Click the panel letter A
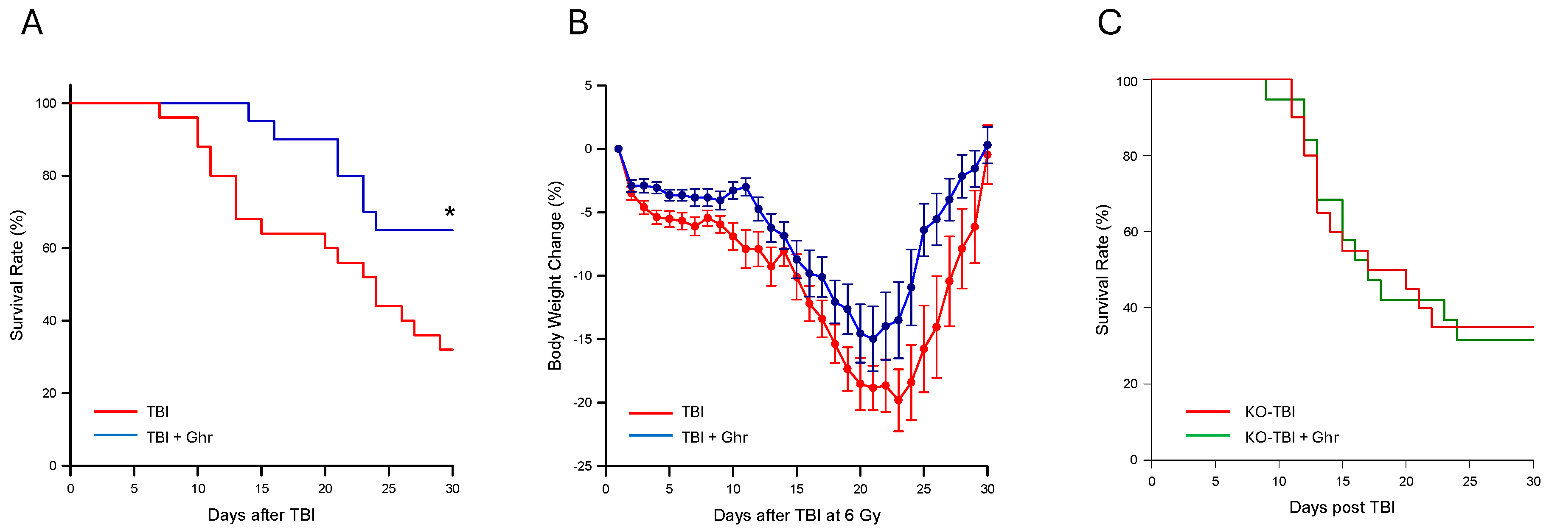tap(32, 23)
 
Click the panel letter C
tap(1109, 23)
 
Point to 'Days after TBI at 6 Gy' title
tap(797, 516)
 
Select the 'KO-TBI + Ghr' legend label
tap(1291, 437)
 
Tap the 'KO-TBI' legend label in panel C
tap(1270, 412)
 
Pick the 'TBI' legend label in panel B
tap(693, 412)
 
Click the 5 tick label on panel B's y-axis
tap(588, 86)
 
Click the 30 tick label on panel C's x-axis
tap(1533, 481)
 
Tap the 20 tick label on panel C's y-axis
tap(1130, 384)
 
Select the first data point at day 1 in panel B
tap(618, 149)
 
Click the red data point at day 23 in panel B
tap(898, 400)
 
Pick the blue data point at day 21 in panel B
tap(873, 339)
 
